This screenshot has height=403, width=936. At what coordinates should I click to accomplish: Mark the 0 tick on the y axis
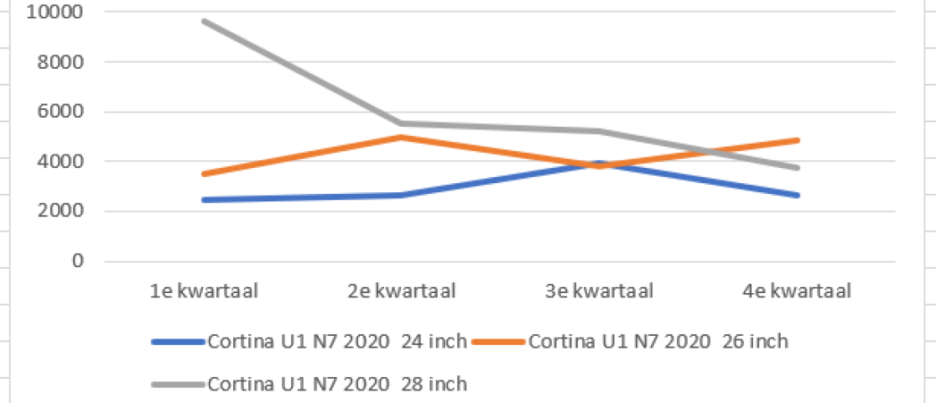[x=78, y=262]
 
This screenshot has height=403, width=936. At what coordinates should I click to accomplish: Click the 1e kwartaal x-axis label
[x=205, y=291]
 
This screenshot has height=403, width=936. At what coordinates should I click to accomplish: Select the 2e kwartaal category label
[x=401, y=291]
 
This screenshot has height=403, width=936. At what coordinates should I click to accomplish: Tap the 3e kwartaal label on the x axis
[x=599, y=291]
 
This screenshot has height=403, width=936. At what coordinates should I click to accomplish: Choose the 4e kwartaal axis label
[x=796, y=291]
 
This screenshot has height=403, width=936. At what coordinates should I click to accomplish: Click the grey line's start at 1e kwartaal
[x=205, y=21]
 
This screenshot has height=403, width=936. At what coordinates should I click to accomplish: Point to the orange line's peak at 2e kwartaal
[x=401, y=137]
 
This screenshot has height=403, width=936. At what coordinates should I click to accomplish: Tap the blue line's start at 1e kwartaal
[x=205, y=200]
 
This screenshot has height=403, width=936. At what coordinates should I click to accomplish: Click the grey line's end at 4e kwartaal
[x=797, y=168]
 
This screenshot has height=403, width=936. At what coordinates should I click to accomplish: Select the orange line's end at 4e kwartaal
[x=797, y=140]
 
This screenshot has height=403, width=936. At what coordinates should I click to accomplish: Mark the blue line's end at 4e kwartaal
[x=797, y=195]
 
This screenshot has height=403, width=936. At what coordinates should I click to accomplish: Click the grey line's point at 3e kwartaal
[x=599, y=131]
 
